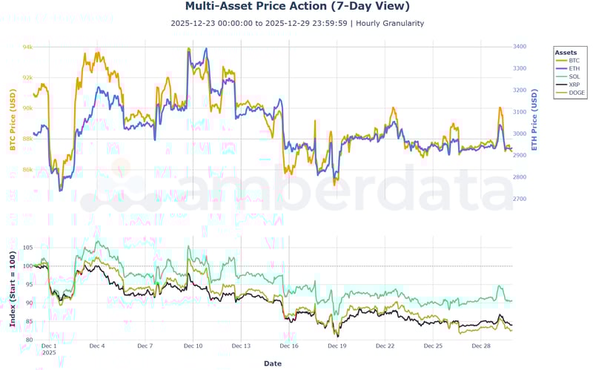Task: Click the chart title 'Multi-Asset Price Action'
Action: tap(296, 7)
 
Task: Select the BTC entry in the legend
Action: tap(574, 60)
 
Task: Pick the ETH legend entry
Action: tap(574, 68)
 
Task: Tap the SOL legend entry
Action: tap(574, 76)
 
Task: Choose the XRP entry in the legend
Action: tap(574, 85)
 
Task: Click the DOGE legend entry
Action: tap(576, 93)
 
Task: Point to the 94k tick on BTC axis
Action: tap(27, 47)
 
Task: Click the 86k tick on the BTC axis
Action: tap(27, 170)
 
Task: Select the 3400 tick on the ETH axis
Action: tap(520, 47)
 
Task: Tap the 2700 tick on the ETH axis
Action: tap(520, 199)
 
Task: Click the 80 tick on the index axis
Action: tap(29, 340)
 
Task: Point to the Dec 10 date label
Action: tap(193, 346)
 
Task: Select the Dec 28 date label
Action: tap(481, 346)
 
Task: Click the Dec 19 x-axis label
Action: tap(337, 346)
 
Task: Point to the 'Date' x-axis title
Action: tap(273, 363)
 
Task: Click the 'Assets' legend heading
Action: tap(566, 53)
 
